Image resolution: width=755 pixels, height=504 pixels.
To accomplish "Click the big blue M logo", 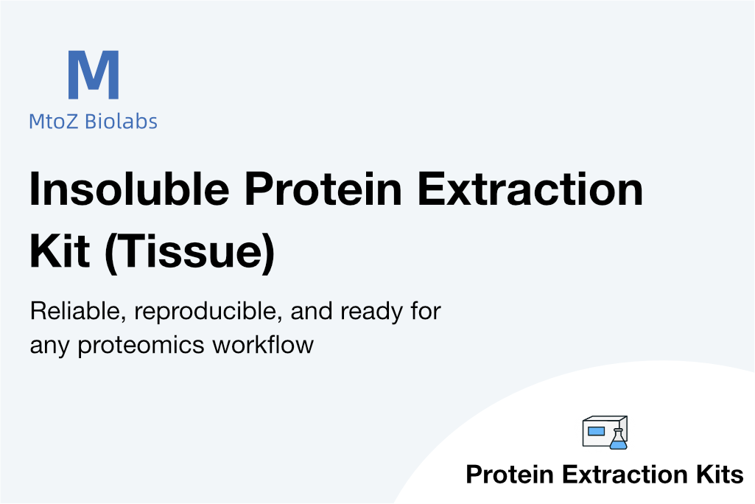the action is pyautogui.click(x=94, y=74).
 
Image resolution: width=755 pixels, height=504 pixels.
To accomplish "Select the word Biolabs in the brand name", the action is pyautogui.click(x=121, y=121).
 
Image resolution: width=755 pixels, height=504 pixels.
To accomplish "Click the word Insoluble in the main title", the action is pyautogui.click(x=129, y=189).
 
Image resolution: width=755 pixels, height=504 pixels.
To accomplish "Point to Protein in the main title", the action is pyautogui.click(x=323, y=189).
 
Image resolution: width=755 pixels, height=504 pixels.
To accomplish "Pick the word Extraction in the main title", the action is pyautogui.click(x=530, y=189).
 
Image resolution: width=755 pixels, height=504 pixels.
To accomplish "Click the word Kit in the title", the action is pyautogui.click(x=60, y=251).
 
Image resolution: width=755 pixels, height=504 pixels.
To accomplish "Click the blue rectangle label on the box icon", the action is pyautogui.click(x=596, y=431).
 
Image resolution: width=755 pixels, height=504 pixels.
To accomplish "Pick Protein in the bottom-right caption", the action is pyautogui.click(x=510, y=474).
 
